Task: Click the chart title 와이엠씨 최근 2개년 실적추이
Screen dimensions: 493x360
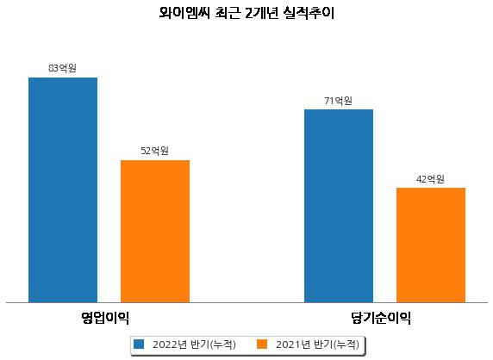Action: click(246, 13)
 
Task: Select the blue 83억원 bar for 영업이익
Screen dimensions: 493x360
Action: click(63, 190)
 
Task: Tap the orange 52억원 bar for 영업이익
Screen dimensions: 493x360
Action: click(155, 232)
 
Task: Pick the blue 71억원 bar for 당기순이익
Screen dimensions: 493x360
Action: click(339, 206)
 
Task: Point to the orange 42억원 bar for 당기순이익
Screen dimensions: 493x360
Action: click(431, 245)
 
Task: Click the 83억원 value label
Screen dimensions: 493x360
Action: click(62, 68)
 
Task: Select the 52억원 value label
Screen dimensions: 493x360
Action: click(154, 151)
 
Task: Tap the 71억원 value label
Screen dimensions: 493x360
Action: click(338, 101)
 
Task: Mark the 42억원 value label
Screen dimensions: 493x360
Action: click(430, 179)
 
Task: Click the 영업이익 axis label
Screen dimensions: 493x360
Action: click(105, 318)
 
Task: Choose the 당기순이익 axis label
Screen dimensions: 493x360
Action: click(381, 318)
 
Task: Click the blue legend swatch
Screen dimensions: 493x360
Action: click(139, 344)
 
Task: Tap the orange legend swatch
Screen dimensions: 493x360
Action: click(262, 344)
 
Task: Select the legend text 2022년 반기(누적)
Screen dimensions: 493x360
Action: click(194, 344)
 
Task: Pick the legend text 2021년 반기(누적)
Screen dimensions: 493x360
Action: click(317, 344)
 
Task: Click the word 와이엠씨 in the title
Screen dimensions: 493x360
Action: click(184, 13)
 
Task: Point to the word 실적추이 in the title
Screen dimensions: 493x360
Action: click(309, 13)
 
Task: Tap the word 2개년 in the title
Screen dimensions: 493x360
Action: click(261, 13)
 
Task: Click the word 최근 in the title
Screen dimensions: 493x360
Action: click(228, 13)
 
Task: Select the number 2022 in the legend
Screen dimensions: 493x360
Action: click(165, 344)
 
